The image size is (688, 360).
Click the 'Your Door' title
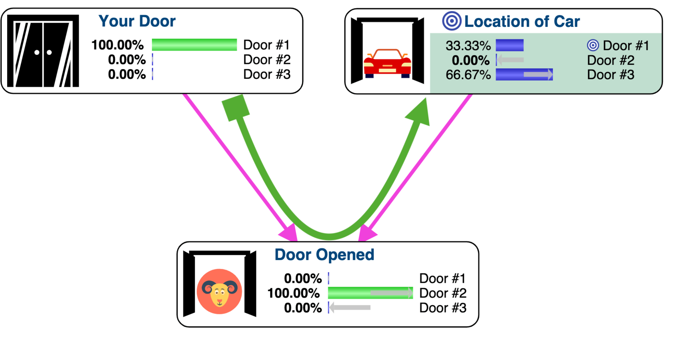(x=137, y=21)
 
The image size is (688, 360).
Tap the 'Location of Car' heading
(x=522, y=22)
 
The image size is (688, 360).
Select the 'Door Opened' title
(x=324, y=255)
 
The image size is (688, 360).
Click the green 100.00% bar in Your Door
(x=194, y=45)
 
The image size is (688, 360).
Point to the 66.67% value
(x=468, y=75)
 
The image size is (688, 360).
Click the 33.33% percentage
(x=468, y=46)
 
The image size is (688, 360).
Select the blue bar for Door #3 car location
(x=524, y=75)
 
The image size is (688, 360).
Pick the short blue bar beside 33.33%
(x=510, y=45)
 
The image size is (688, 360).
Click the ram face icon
(x=219, y=292)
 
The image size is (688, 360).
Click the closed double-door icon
(x=43, y=51)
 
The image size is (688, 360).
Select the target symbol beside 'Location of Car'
(x=452, y=21)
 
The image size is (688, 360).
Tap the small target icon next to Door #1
(x=593, y=45)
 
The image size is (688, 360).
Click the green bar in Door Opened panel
(x=370, y=293)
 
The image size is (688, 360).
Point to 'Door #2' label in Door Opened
(x=443, y=293)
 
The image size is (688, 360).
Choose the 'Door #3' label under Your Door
(x=267, y=74)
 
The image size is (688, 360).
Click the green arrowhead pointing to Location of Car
(x=419, y=114)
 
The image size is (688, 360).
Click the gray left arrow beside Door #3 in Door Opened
(x=350, y=308)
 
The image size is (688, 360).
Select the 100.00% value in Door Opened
(x=293, y=293)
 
